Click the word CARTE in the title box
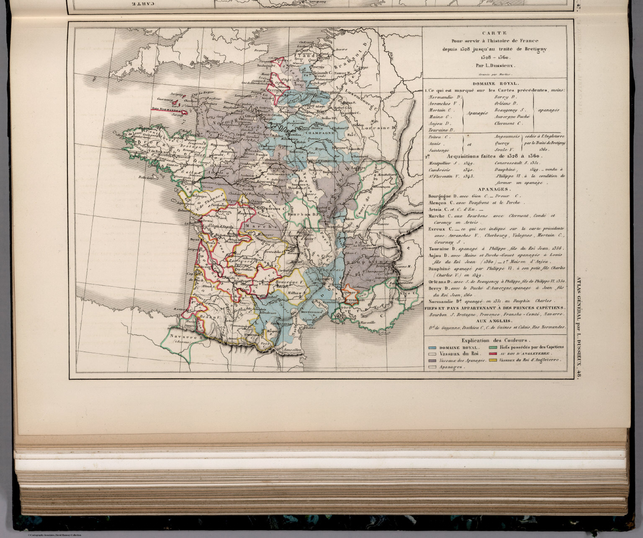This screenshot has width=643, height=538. tap(494, 33)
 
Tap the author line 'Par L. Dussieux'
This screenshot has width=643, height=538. tap(494, 65)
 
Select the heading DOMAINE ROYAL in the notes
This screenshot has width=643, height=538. tap(494, 83)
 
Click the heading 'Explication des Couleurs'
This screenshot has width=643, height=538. tap(494, 340)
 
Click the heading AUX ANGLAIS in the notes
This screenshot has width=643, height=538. tap(494, 321)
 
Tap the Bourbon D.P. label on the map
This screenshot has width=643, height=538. tap(303, 214)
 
